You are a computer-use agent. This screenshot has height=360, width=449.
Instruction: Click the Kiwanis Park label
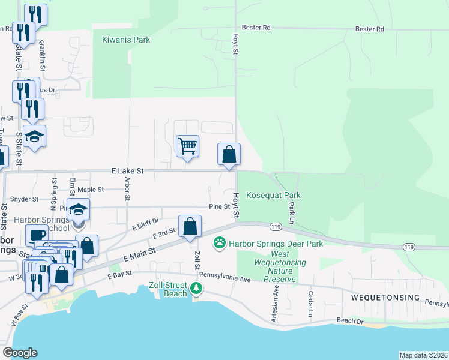(x=125, y=40)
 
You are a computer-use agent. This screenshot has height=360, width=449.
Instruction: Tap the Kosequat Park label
(x=274, y=196)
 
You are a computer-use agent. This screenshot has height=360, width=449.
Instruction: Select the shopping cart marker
(x=188, y=146)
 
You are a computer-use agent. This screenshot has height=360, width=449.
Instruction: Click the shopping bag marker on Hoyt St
(x=229, y=155)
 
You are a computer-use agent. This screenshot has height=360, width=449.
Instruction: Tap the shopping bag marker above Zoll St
(x=190, y=227)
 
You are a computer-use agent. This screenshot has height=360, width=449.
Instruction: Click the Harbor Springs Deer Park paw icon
(x=220, y=244)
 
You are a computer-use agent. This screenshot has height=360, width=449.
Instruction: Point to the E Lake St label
(x=128, y=171)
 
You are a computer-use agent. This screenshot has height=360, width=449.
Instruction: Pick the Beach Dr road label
(x=351, y=321)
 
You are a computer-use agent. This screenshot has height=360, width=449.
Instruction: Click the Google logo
(x=20, y=353)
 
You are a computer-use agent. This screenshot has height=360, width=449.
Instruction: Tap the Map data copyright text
(x=423, y=355)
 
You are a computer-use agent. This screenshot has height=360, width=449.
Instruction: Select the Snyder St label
(x=25, y=199)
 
